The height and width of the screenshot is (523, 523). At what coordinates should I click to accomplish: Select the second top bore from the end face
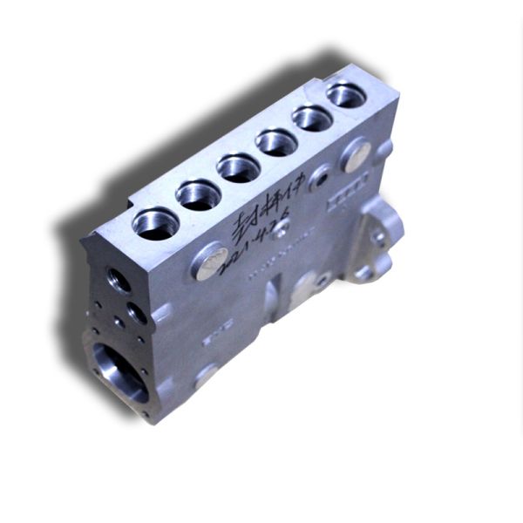pyautogui.click(x=199, y=195)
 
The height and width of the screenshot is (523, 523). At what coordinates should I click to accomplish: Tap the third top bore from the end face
pyautogui.click(x=239, y=167)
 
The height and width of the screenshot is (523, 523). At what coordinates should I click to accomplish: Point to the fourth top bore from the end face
pyautogui.click(x=277, y=142)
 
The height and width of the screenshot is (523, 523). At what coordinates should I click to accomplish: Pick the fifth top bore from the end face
pyautogui.click(x=312, y=118)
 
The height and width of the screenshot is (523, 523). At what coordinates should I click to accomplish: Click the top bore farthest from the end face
pyautogui.click(x=346, y=95)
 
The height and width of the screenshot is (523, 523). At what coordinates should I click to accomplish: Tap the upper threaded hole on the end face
pyautogui.click(x=119, y=280)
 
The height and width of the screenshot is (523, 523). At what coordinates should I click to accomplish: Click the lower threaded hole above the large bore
pyautogui.click(x=136, y=311)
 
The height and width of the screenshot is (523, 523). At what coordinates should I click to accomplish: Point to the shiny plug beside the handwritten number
pyautogui.click(x=209, y=262)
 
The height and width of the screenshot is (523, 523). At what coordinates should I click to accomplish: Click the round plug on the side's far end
pyautogui.click(x=356, y=155)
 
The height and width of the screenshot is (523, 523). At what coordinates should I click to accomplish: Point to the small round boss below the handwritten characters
pyautogui.click(x=282, y=229)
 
